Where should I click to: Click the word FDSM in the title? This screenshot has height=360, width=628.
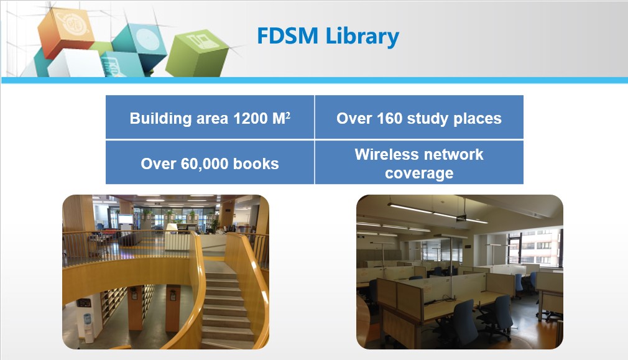point(287,35)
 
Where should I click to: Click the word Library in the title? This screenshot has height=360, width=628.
point(362,37)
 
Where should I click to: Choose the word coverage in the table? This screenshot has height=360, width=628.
point(419,173)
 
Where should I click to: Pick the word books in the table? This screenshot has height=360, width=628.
point(256,164)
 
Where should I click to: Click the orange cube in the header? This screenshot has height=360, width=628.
point(65,32)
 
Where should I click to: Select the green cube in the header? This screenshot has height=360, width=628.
point(197,53)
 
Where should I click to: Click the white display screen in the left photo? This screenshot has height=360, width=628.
point(126,219)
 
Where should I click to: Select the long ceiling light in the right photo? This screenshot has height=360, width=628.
point(437,213)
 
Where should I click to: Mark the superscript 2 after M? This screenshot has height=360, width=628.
point(288,115)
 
